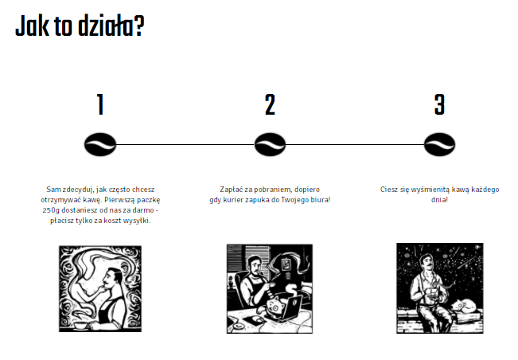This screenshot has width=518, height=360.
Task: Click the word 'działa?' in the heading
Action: click(111, 25)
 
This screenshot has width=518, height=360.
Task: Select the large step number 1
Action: click(100, 104)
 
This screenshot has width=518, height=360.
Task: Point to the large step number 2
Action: click(270, 104)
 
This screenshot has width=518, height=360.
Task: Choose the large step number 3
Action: click(439, 104)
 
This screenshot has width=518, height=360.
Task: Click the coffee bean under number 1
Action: click(100, 144)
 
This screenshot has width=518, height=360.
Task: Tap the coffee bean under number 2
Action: click(270, 144)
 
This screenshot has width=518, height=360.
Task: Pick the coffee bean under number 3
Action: click(439, 144)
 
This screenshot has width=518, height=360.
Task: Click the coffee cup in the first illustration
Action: click(81, 326)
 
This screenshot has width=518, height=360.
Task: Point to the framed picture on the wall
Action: click(286, 264)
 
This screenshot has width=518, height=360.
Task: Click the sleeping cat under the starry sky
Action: click(463, 306)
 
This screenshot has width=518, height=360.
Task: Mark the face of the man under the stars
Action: click(426, 263)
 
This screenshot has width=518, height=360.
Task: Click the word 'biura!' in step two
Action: click(321, 200)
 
